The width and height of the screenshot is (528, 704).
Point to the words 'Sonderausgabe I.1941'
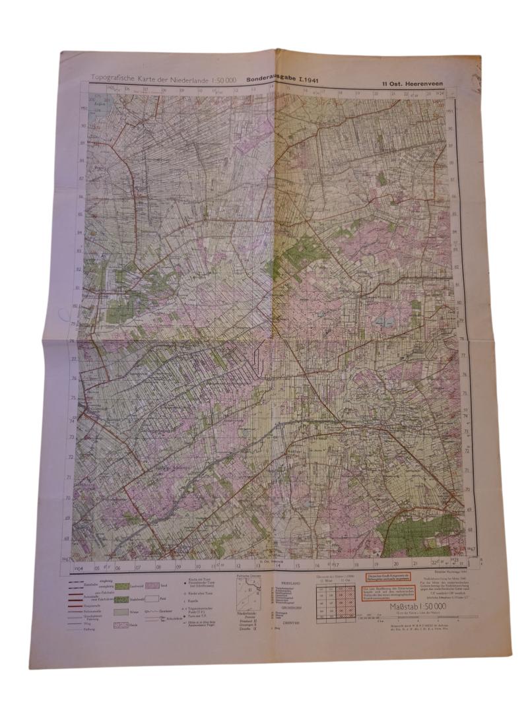coord(287,77)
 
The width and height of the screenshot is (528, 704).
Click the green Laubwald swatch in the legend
coord(123,585)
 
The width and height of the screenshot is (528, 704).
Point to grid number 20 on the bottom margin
coord(394,564)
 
